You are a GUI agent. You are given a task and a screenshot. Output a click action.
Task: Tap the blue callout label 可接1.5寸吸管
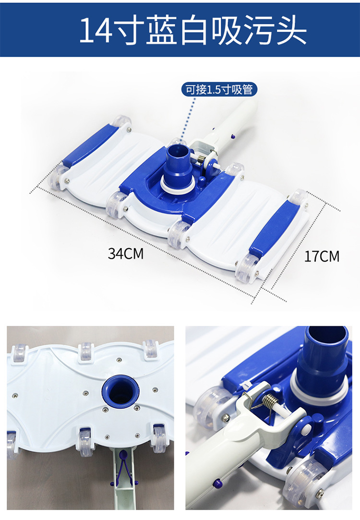click(x=219, y=90)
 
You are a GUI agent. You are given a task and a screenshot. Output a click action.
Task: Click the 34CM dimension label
click(x=126, y=254)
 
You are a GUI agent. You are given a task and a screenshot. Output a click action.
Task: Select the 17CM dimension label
click(x=322, y=256)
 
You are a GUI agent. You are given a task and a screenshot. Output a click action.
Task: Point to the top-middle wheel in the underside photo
click(x=84, y=352)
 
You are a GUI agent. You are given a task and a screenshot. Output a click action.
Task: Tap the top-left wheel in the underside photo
click(x=19, y=353)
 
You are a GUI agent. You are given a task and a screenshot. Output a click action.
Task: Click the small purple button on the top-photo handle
click(x=234, y=136)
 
